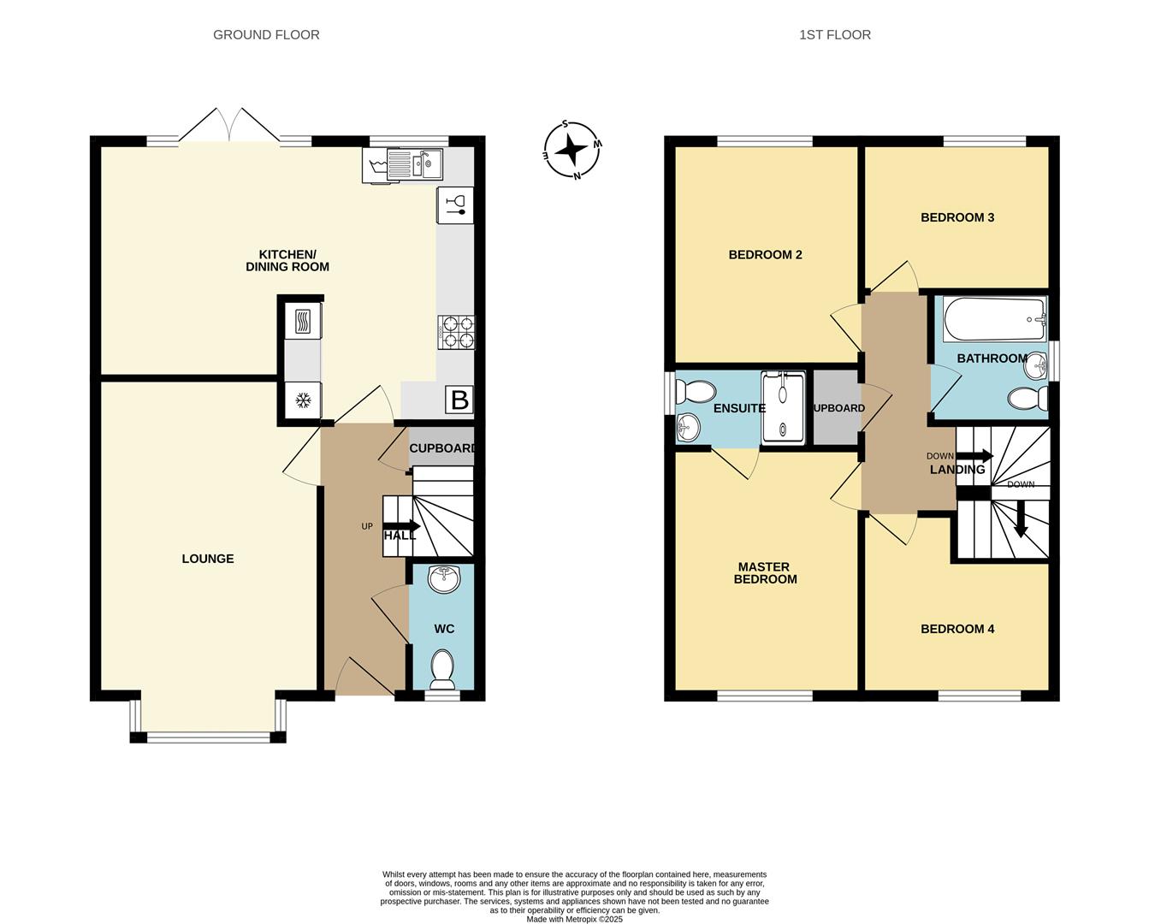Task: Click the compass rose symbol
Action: [572, 150]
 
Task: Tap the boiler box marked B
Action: [459, 399]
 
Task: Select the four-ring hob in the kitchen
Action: [456, 332]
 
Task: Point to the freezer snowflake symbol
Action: [303, 400]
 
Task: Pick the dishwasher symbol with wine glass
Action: [455, 205]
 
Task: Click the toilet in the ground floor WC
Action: [442, 669]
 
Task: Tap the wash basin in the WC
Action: [444, 579]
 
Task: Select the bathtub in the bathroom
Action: [995, 319]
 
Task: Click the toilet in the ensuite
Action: [696, 392]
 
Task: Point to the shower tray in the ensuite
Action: [783, 409]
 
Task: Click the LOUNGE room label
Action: [208, 559]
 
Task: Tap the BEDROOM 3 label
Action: [957, 217]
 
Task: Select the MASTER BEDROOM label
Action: [765, 573]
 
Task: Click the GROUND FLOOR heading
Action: [266, 35]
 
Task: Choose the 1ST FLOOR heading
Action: [835, 35]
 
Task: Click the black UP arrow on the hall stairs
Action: [401, 526]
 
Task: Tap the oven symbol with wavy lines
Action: [302, 322]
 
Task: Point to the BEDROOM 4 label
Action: [957, 629]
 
